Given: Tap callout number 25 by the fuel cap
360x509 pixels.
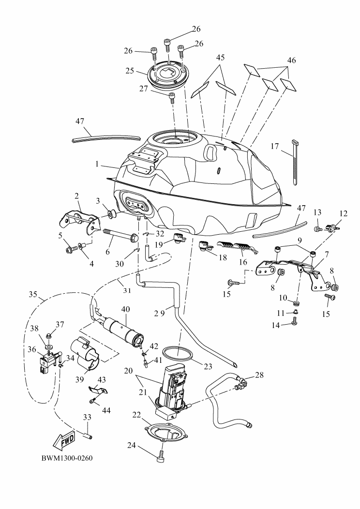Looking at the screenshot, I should pyautogui.click(x=130, y=71).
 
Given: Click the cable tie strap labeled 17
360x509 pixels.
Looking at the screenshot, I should pyautogui.click(x=295, y=162).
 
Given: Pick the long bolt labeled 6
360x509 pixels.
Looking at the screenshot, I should pyautogui.click(x=119, y=235).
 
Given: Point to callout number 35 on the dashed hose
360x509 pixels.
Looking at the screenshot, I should pyautogui.click(x=33, y=294).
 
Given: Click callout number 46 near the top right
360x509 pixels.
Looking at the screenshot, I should pyautogui.click(x=291, y=60).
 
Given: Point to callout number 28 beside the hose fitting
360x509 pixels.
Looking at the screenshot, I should pyautogui.click(x=259, y=375).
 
